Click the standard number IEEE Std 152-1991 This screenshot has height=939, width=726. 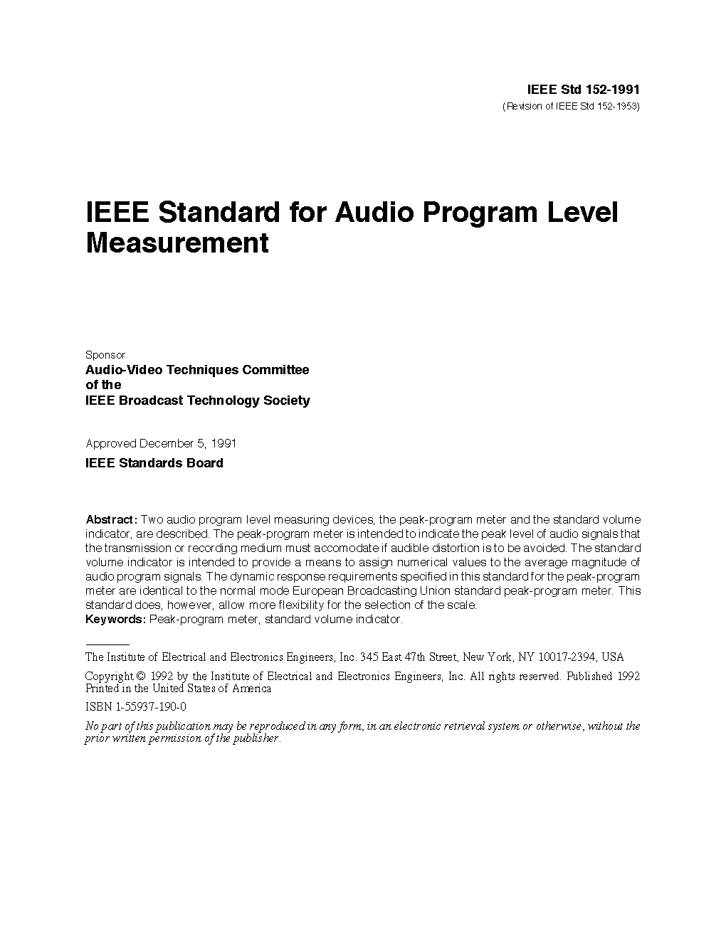[x=583, y=90]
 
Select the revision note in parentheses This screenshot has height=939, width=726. [x=572, y=107]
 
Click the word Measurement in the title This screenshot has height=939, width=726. [x=177, y=243]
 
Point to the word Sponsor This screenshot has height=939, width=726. [x=105, y=354]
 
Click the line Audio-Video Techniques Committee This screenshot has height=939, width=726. [x=197, y=370]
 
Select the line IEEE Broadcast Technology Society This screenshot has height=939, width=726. [x=197, y=400]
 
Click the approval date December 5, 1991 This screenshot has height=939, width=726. [x=188, y=443]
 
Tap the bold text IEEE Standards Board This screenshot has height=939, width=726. [x=154, y=463]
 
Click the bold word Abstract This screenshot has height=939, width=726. [x=110, y=519]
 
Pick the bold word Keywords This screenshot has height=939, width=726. [x=115, y=619]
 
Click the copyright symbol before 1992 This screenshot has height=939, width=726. [x=141, y=676]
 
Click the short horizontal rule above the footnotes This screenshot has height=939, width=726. [x=107, y=644]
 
